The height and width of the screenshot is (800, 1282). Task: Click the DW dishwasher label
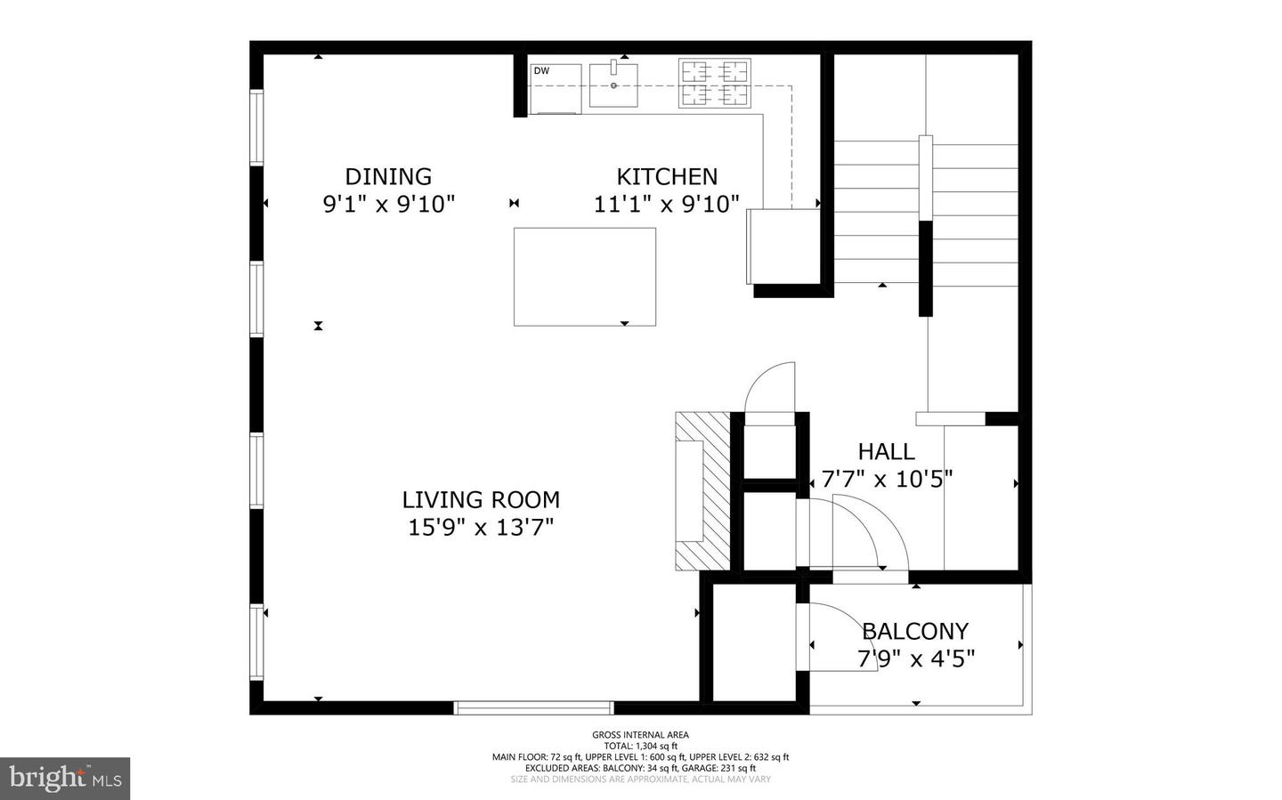coord(541,71)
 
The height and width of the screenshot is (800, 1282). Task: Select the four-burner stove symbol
coord(714,84)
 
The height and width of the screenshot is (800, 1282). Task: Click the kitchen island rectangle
coord(585,277)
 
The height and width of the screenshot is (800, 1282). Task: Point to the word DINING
coord(388,176)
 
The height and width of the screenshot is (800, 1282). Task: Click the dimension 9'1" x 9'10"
coord(388,205)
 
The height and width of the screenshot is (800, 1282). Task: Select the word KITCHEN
coord(667,176)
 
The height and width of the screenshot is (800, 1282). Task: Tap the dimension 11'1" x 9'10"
coord(667,205)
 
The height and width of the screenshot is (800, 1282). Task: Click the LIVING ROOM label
coord(481,499)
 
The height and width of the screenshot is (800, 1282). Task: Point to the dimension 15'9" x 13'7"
coord(481,528)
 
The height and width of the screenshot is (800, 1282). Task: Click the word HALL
coord(886,451)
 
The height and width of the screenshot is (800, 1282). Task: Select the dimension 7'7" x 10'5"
coord(887,480)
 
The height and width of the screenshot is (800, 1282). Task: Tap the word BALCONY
coord(915,631)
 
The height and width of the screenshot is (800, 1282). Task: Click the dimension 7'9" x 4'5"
coord(915,659)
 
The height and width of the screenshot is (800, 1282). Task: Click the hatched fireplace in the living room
coord(701,491)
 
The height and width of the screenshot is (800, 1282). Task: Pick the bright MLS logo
coord(65,779)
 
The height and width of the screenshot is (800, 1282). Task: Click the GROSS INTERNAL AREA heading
coord(640,735)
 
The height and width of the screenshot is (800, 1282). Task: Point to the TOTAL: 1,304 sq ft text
coord(640,746)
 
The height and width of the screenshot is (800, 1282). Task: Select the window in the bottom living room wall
coord(533,708)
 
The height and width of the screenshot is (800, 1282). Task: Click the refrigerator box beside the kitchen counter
coord(783,246)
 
